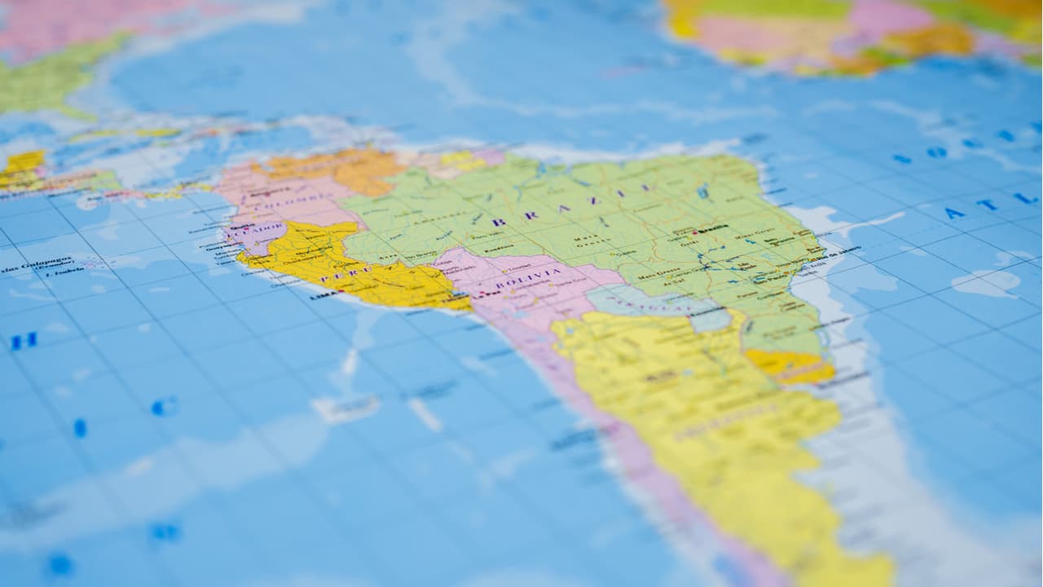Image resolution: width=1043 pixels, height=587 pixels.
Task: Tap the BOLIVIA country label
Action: click(x=529, y=283)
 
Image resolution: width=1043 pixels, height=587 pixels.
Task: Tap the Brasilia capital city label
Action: click(x=714, y=229)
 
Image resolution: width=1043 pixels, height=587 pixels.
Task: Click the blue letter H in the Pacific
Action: click(x=24, y=341)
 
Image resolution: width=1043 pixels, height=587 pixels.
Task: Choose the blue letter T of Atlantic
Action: click(x=988, y=205)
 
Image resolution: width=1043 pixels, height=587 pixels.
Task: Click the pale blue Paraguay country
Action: click(x=652, y=303)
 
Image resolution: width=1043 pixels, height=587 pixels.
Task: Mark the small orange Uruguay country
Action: click(x=787, y=364)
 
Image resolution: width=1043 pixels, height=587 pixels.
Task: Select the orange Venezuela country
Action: click(x=342, y=167)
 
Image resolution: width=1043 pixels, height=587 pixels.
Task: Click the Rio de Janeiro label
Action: click(x=831, y=254)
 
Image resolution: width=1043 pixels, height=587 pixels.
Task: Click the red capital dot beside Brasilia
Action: click(x=694, y=232)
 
